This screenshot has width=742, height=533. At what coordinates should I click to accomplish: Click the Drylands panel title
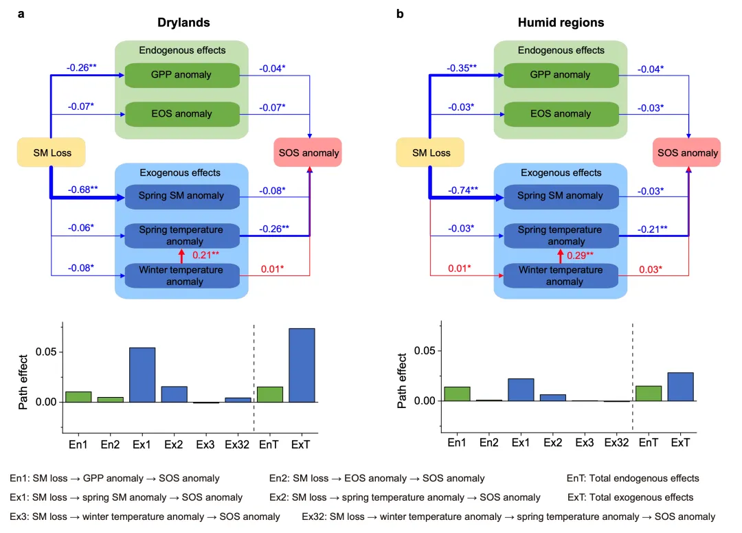pyautogui.click(x=182, y=23)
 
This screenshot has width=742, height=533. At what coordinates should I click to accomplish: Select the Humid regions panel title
pyautogui.click(x=561, y=23)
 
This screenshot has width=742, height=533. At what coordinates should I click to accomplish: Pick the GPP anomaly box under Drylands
pyautogui.click(x=182, y=75)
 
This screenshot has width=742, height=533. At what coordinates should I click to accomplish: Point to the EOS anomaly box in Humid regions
pyautogui.click(x=561, y=114)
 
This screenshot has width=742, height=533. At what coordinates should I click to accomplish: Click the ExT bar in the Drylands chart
pyautogui.click(x=302, y=365)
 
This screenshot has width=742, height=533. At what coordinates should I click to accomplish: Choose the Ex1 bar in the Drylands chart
pyautogui.click(x=142, y=374)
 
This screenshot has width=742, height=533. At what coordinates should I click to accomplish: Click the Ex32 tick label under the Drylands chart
pyautogui.click(x=238, y=445)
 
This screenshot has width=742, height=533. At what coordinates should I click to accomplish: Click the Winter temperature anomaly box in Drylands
pyautogui.click(x=182, y=275)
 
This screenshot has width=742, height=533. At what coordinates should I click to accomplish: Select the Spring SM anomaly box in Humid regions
pyautogui.click(x=561, y=196)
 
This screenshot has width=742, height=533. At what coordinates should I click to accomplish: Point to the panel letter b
pyautogui.click(x=400, y=13)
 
